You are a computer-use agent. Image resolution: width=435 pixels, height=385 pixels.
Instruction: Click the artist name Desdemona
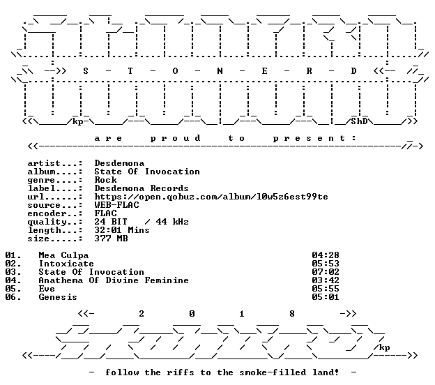119,163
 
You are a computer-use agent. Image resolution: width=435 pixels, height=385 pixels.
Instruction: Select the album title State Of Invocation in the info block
147,172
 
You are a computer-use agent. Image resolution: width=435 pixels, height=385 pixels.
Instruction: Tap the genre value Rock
105,180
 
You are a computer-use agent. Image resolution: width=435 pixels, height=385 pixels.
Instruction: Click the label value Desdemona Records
142,188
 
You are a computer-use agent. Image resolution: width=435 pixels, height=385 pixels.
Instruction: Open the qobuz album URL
211,197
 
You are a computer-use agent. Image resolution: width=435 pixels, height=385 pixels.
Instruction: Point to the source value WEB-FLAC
116,205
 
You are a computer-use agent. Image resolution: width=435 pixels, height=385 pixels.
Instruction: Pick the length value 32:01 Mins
122,230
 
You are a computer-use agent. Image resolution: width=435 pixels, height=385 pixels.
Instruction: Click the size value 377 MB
111,239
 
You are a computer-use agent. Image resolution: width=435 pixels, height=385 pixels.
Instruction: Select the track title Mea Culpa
63,255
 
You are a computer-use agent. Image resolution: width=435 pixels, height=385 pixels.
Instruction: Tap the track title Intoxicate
66,264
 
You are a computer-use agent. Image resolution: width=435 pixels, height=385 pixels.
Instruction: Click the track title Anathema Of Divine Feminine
114,280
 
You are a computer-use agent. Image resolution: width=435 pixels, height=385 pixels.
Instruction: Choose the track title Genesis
58,297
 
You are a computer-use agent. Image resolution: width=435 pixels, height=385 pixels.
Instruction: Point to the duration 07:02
326,272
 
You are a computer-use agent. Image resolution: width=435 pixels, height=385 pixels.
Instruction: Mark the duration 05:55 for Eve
326,289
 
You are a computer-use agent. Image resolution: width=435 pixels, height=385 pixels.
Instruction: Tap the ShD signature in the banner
359,121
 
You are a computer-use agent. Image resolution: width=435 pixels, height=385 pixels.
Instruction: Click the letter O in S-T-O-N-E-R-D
175,71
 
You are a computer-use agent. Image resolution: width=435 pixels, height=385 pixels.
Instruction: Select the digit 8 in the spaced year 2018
292,314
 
